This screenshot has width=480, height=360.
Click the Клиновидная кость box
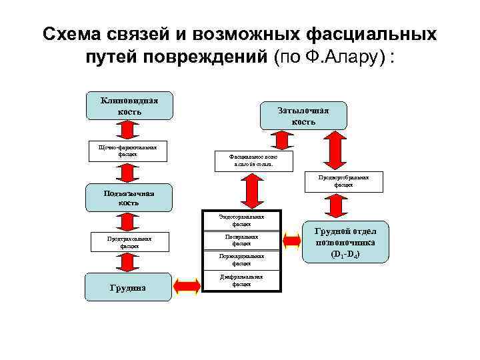[x=129, y=105]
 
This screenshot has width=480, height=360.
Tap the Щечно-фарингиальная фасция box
[x=127, y=150]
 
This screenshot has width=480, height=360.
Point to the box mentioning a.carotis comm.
[x=247, y=160]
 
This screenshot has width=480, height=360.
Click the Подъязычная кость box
[x=129, y=198]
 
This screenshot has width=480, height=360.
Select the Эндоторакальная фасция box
[x=241, y=221]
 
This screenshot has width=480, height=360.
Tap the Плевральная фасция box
[x=241, y=240]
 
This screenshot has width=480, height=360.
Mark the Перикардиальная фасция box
[x=241, y=260]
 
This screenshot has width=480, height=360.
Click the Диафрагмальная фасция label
[x=241, y=280]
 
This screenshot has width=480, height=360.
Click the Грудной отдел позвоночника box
[x=345, y=241]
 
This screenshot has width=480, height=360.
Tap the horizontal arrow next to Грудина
[x=187, y=285]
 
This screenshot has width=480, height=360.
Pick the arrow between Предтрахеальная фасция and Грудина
[x=126, y=263]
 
